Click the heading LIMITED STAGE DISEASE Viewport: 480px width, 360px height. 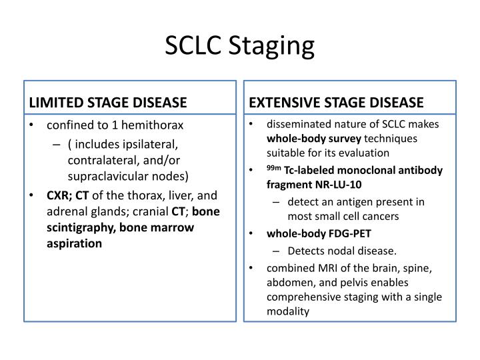(x=107, y=103)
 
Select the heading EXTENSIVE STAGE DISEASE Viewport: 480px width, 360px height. (x=336, y=103)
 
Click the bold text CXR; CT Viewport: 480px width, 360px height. (x=67, y=195)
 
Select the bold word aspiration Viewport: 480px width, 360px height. (x=74, y=243)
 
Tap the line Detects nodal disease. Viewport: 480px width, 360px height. (x=342, y=251)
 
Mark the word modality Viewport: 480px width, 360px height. (x=288, y=311)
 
